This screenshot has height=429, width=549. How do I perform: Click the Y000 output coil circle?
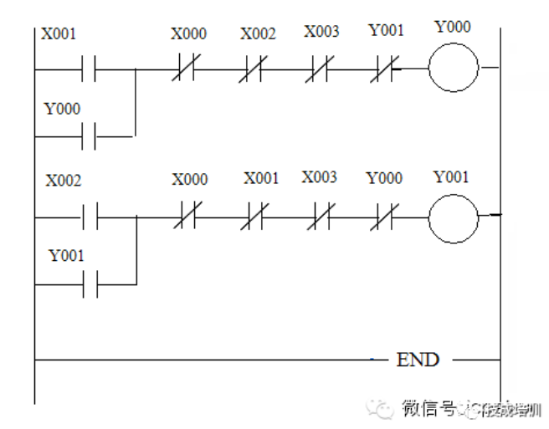tap(453, 68)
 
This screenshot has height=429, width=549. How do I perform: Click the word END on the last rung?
tap(418, 360)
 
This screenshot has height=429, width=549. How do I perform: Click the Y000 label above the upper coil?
tap(453, 27)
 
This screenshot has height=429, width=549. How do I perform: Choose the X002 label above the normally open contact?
tap(63, 181)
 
